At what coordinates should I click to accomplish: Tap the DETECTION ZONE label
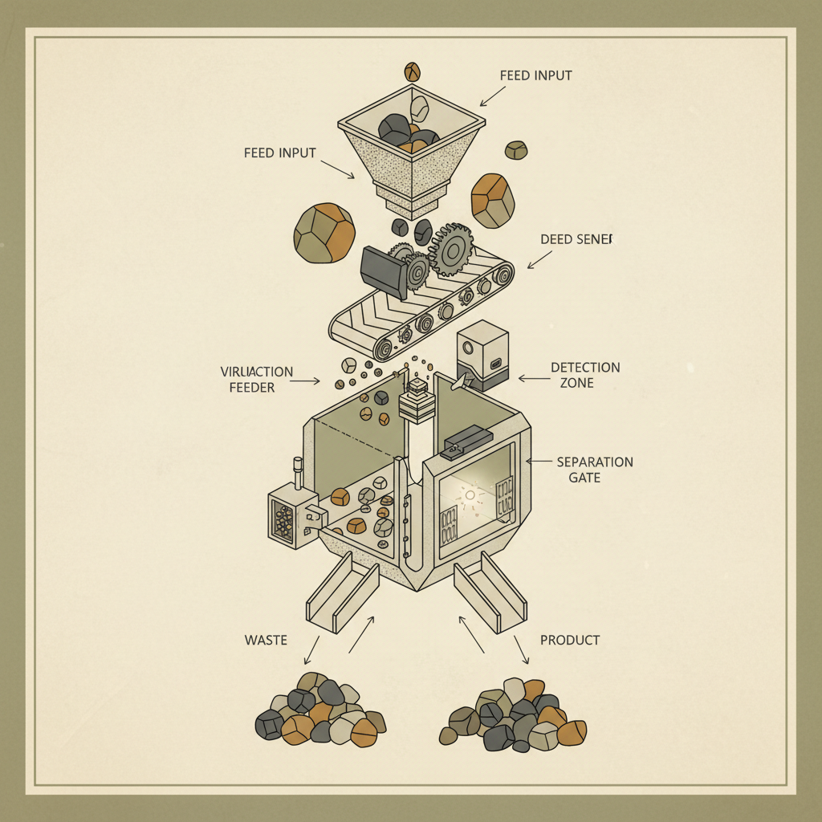tap(585, 375)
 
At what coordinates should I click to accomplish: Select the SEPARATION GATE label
tap(595, 470)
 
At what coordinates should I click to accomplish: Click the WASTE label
tap(266, 640)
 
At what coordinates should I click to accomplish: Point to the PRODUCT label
tap(570, 640)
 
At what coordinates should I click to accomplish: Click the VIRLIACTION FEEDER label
tap(256, 380)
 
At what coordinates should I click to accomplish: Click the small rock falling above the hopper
tap(413, 71)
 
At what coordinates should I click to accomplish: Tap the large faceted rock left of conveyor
tap(324, 232)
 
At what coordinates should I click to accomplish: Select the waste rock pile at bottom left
tap(319, 710)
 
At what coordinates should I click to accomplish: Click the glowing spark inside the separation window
tap(471, 495)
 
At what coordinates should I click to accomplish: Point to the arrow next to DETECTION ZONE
tap(531, 377)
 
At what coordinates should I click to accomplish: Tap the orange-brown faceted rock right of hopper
tap(492, 201)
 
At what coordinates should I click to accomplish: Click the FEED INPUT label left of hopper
tap(279, 153)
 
